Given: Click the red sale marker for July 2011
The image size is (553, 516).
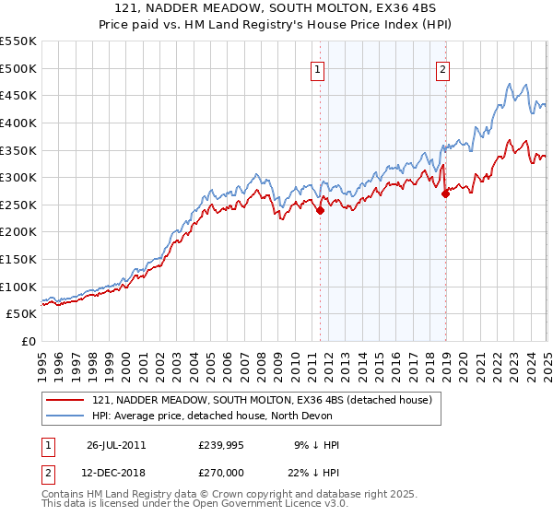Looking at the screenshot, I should pyautogui.click(x=321, y=210).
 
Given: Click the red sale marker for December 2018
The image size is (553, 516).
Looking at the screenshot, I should pyautogui.click(x=445, y=193).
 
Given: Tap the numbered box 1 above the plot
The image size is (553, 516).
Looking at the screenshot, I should pyautogui.click(x=317, y=67).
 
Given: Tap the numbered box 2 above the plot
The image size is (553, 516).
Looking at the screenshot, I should pyautogui.click(x=443, y=67).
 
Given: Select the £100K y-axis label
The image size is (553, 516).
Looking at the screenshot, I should pyautogui.click(x=18, y=287).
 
